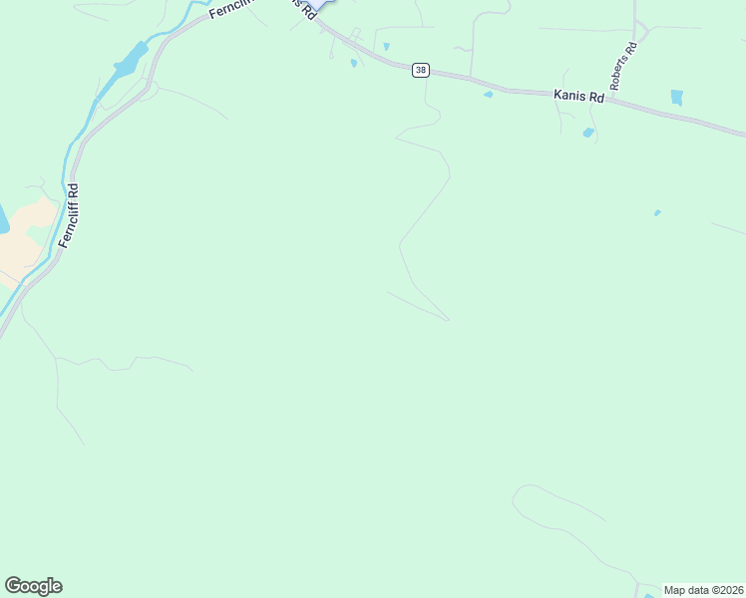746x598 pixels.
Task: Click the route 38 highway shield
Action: click(x=422, y=70)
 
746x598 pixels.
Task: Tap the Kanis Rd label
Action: click(x=578, y=97)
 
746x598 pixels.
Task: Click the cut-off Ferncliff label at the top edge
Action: click(x=232, y=10)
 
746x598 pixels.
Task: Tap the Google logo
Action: click(x=33, y=586)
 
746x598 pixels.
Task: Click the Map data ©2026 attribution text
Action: click(x=703, y=590)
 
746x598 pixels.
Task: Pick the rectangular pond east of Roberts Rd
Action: click(x=677, y=98)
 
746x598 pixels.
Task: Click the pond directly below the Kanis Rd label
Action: click(x=588, y=133)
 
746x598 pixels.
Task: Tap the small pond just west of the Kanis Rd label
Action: click(x=488, y=95)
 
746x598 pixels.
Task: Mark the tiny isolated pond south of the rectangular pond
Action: click(x=656, y=212)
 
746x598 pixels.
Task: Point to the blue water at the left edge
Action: click(x=3, y=219)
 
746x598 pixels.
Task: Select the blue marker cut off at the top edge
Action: click(x=317, y=5)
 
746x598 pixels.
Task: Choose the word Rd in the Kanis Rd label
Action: click(x=595, y=99)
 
